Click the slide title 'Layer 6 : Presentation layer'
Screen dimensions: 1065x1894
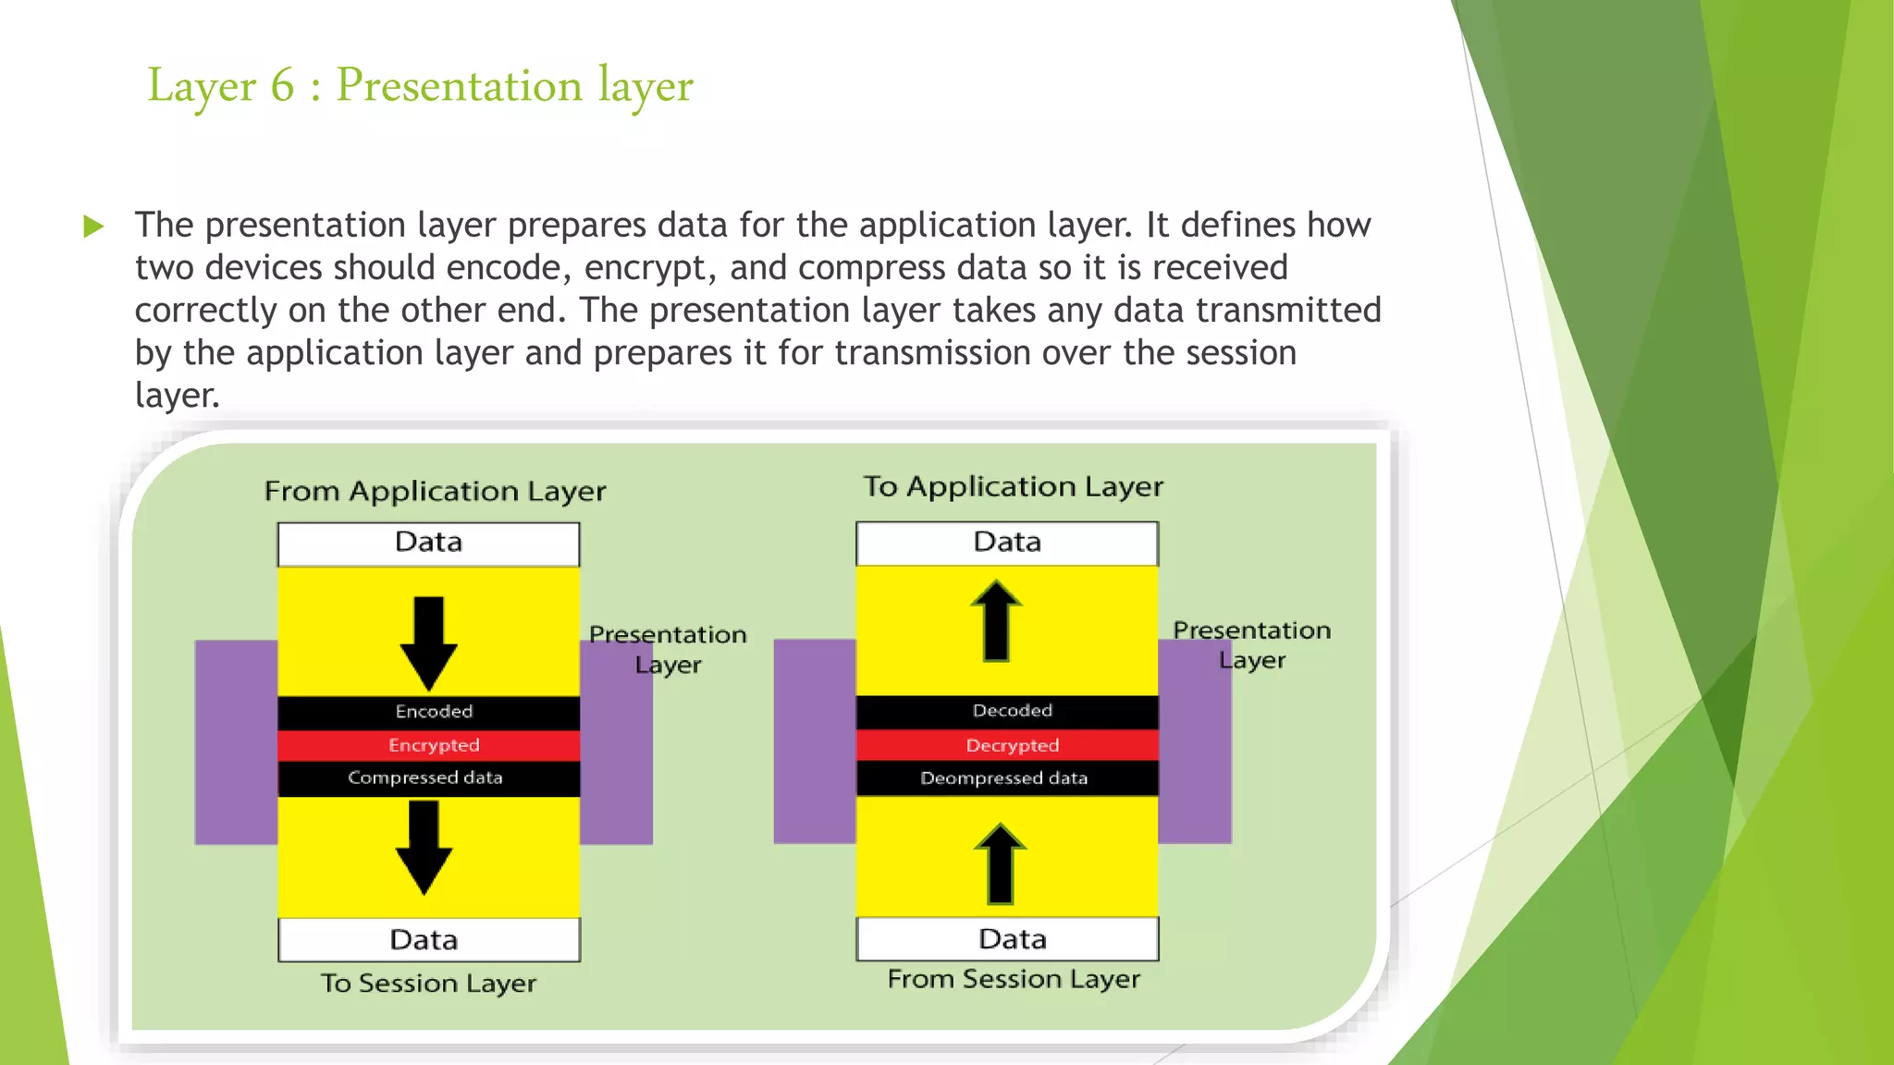click(420, 86)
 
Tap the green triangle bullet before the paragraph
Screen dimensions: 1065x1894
click(93, 226)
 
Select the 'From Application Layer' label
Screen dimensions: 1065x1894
click(435, 491)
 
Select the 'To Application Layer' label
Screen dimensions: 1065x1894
click(1013, 486)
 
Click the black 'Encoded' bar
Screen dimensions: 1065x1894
click(429, 712)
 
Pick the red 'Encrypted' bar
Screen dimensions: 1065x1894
click(429, 745)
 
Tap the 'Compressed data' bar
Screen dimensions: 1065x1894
click(429, 778)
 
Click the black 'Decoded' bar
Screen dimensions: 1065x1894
click(1007, 711)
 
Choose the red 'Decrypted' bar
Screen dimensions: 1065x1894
click(1007, 745)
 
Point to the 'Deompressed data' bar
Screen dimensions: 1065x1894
click(1007, 778)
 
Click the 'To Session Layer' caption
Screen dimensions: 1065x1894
click(428, 984)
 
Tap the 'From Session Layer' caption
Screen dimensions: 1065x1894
click(1014, 979)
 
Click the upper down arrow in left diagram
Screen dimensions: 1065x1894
click(429, 642)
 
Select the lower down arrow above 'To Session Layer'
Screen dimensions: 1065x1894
click(424, 846)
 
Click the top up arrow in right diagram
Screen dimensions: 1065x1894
click(996, 621)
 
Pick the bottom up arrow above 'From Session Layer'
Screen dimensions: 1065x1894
click(1000, 863)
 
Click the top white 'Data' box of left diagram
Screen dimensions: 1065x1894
click(429, 544)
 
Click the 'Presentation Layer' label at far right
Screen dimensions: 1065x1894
click(1251, 645)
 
